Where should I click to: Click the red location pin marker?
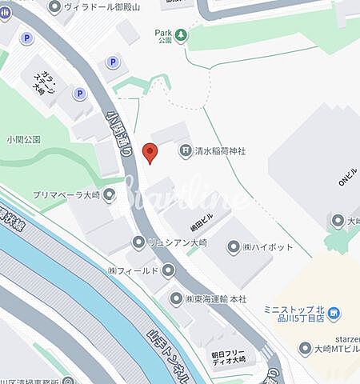(x=149, y=152)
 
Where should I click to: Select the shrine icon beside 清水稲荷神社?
(x=185, y=149)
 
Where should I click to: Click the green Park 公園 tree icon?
(x=182, y=34)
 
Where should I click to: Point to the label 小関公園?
(x=23, y=138)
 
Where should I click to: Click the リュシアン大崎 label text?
(x=179, y=242)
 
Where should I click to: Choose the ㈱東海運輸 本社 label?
(x=217, y=298)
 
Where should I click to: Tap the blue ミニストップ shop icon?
(x=334, y=314)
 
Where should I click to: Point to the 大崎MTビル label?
(x=336, y=348)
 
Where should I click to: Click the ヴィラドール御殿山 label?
(x=102, y=7)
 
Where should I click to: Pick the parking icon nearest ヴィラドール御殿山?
(x=111, y=62)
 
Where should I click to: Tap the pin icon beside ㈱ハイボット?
(x=234, y=248)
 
